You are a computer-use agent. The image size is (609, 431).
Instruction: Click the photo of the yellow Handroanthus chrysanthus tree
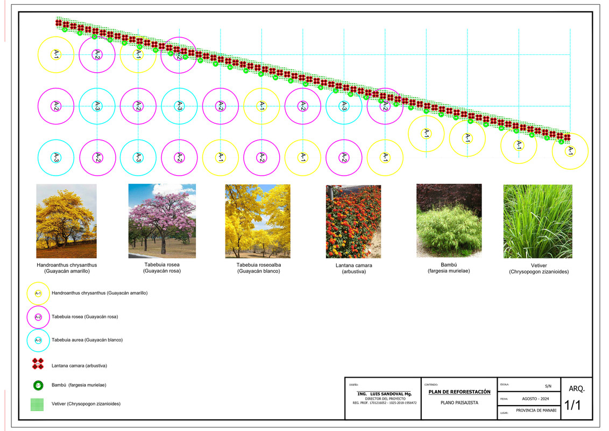tap(66, 221)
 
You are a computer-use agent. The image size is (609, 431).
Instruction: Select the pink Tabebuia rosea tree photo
tap(162, 221)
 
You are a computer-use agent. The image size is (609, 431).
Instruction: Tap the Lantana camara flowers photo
tap(353, 221)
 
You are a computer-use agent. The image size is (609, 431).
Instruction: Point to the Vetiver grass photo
tap(537, 221)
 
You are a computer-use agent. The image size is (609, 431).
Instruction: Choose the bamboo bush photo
tap(449, 220)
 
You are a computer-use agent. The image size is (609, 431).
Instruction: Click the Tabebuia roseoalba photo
tap(258, 221)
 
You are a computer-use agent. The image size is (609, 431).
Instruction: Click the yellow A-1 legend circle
tap(38, 293)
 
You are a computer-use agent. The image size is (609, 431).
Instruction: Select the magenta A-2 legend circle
tap(38, 317)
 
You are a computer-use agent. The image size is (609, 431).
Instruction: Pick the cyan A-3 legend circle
tap(38, 340)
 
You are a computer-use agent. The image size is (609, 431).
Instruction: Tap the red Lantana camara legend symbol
tap(38, 364)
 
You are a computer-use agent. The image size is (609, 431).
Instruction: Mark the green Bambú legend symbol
tap(38, 386)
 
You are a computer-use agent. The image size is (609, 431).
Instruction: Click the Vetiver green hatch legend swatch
tap(38, 405)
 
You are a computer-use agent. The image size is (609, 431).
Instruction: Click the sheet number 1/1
tap(572, 406)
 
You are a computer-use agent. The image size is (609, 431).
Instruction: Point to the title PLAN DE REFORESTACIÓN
tap(459, 392)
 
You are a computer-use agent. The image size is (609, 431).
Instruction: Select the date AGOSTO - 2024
tap(535, 399)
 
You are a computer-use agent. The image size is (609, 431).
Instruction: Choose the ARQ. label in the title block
tap(576, 388)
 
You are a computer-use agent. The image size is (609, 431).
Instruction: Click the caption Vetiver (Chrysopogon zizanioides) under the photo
tap(539, 269)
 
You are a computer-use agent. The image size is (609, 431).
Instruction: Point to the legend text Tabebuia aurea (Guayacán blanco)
tap(87, 340)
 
